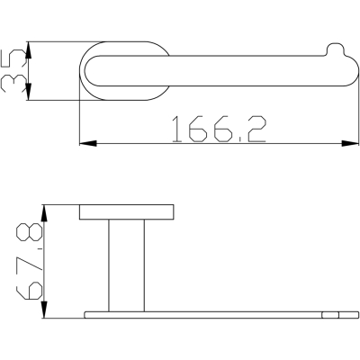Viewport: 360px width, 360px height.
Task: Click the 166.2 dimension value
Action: [219, 130]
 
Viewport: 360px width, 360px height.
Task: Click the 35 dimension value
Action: [13, 71]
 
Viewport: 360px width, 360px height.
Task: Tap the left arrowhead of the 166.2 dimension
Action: [88, 143]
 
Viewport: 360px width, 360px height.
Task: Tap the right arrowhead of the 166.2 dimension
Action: [350, 143]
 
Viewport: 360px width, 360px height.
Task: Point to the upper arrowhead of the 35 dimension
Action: [28, 49]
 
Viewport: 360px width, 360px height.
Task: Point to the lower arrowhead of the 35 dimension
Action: [28, 92]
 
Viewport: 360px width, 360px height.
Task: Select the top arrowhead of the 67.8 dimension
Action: [44, 213]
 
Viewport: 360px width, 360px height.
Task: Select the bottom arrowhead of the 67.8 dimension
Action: [44, 310]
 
